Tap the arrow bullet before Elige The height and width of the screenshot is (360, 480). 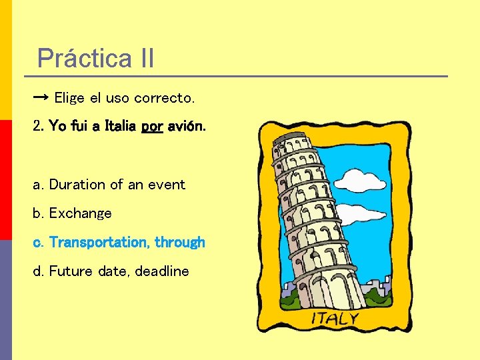40,98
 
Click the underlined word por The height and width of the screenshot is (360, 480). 152,126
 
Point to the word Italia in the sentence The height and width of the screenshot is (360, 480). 120,126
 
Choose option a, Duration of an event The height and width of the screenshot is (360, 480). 109,185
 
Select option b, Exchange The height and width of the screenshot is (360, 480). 73,213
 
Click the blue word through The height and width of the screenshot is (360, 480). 180,243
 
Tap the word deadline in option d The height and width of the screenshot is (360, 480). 162,271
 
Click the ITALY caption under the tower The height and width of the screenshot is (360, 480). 335,319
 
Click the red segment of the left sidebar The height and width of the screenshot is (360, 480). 6,180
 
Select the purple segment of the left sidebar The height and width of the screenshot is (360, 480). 6,300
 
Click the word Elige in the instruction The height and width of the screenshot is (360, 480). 69,99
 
